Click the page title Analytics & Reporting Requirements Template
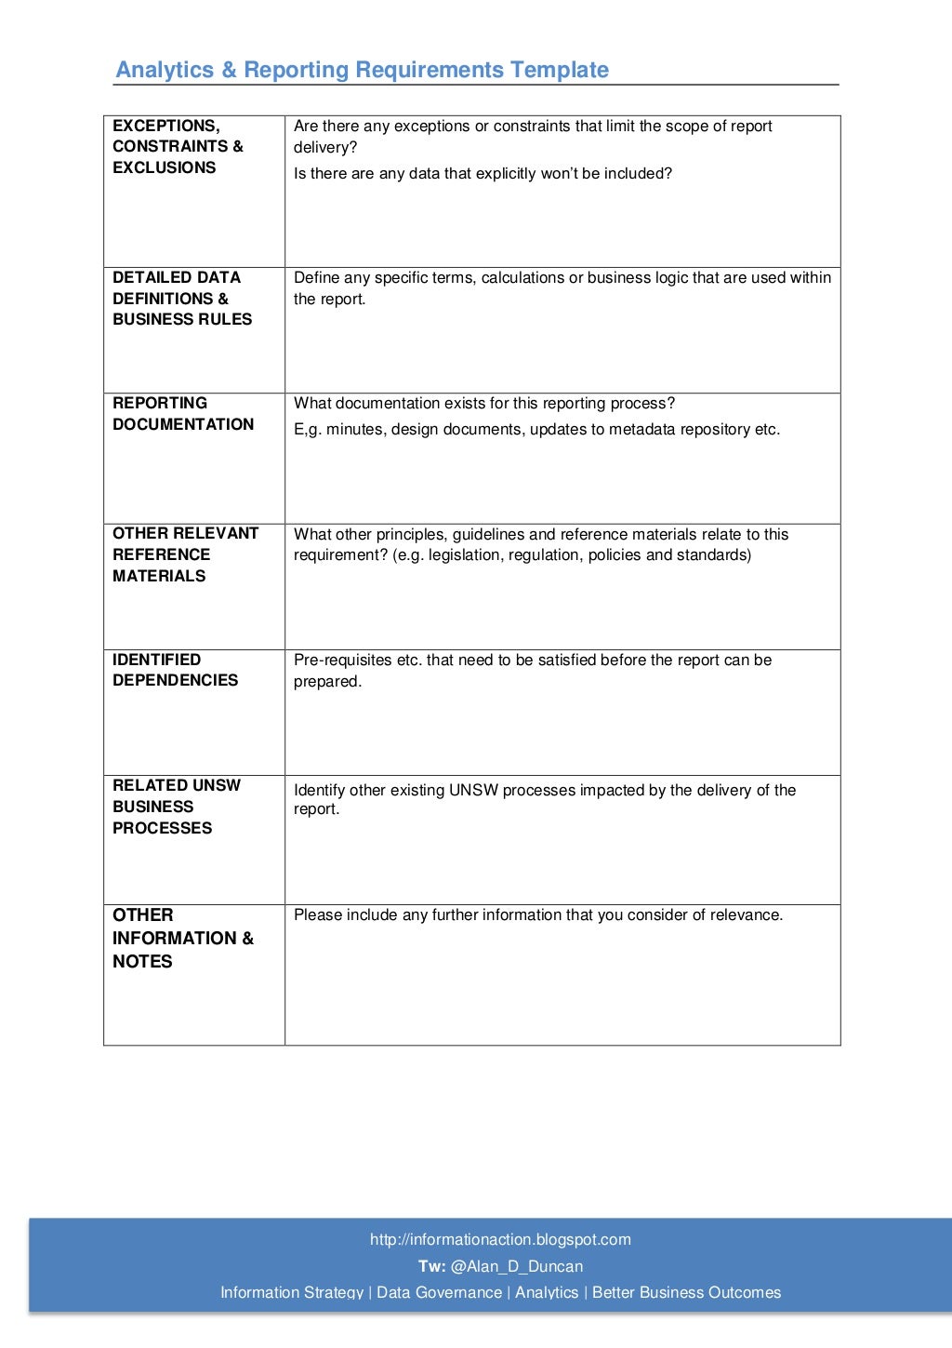362,70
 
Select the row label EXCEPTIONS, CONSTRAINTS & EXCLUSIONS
178,147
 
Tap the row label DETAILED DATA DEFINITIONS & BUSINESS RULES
182,299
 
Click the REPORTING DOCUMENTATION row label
183,414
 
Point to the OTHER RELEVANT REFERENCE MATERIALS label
185,554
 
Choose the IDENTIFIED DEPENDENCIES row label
175,670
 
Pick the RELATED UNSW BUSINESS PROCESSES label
176,807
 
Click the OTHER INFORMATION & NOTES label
182,938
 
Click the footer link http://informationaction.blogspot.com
500,1239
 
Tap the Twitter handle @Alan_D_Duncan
517,1266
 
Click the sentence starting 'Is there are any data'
483,174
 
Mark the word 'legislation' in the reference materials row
464,555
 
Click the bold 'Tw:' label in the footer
431,1266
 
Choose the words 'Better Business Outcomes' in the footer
686,1292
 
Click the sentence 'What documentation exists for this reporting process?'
484,404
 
